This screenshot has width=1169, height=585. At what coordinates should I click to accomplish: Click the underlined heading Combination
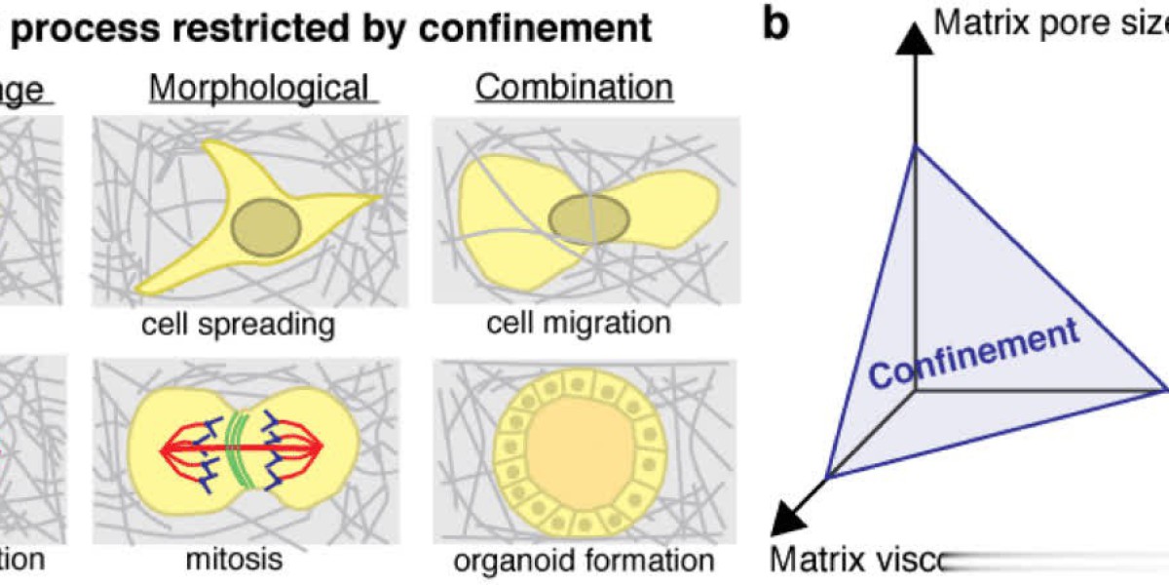(x=574, y=87)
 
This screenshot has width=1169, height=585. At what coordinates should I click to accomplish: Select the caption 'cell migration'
(x=578, y=321)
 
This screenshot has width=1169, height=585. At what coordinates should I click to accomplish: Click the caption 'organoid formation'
(x=584, y=561)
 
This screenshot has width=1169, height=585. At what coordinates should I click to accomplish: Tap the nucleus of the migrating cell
(x=587, y=218)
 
